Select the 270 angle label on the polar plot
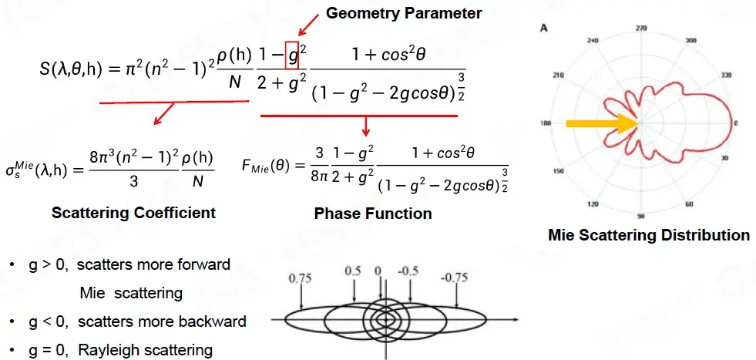(640, 28)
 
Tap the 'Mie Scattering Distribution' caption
(649, 235)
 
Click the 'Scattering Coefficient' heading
(133, 213)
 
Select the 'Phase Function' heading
(373, 213)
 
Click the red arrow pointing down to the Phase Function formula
(366, 126)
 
